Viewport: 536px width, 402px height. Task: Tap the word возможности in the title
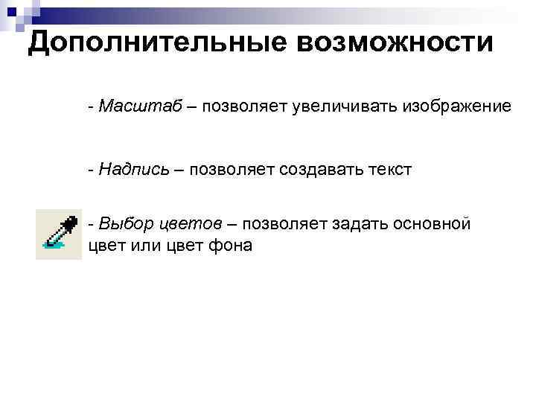(x=395, y=43)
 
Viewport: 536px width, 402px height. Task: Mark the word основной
(x=435, y=223)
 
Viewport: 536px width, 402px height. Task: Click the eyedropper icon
(x=58, y=234)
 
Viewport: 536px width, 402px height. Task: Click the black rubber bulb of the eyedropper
(x=69, y=220)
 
